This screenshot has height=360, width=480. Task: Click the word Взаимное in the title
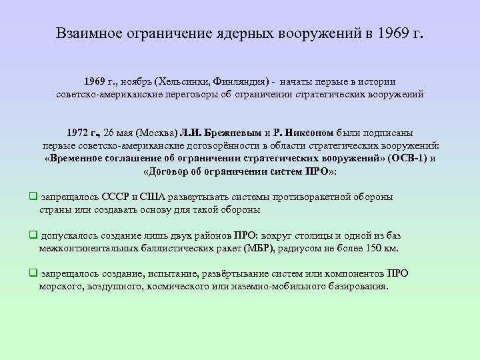pyautogui.click(x=87, y=33)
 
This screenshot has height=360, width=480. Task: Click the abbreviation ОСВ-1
pyautogui.click(x=405, y=159)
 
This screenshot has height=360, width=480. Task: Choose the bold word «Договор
pyautogui.click(x=169, y=171)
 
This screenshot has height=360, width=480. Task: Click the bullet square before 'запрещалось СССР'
pyautogui.click(x=33, y=197)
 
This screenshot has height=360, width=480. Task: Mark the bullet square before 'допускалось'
pyautogui.click(x=33, y=235)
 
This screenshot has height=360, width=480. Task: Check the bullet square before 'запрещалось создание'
pyautogui.click(x=33, y=273)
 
